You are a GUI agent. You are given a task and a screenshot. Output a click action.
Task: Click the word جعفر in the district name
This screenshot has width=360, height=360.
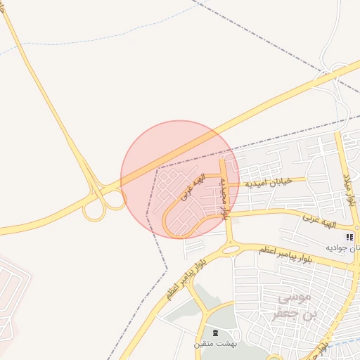tap(294, 314)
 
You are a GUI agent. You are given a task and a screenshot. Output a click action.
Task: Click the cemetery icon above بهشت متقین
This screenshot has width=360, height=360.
tap(215, 333)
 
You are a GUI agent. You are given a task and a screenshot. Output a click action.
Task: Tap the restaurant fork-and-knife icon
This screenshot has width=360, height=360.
tap(350, 237)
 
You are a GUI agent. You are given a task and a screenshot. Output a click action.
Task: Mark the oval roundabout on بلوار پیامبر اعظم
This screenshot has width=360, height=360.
tap(230, 249)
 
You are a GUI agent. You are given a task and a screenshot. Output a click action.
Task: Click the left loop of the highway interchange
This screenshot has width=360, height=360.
tap(92, 210)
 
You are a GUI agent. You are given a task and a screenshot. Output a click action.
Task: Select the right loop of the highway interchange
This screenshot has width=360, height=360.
tap(115, 200)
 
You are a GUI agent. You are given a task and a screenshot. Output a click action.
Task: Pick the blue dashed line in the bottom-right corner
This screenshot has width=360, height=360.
tap(345, 345)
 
